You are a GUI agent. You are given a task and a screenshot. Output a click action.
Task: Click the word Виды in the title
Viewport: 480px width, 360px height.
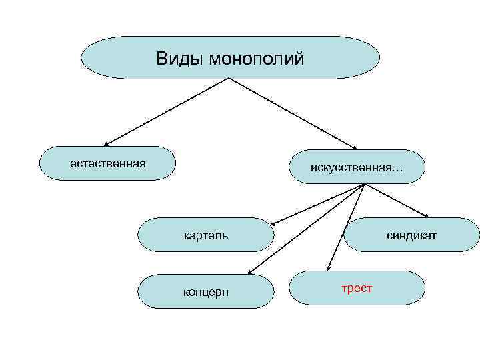click(x=180, y=59)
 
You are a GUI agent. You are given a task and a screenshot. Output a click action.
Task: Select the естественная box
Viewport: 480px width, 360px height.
click(x=107, y=163)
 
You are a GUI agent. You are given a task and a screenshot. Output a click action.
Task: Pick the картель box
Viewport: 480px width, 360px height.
click(x=206, y=235)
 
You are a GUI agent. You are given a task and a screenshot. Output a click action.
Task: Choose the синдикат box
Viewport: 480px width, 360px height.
click(x=411, y=235)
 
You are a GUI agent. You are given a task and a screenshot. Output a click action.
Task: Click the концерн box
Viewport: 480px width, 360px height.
click(x=206, y=291)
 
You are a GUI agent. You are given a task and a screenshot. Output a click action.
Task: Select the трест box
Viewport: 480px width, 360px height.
click(x=358, y=288)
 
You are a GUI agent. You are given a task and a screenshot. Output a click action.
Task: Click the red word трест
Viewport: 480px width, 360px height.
click(x=357, y=288)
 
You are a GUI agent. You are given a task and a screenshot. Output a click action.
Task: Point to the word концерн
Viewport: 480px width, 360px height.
click(x=206, y=292)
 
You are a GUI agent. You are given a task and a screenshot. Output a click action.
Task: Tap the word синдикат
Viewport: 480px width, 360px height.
click(x=411, y=235)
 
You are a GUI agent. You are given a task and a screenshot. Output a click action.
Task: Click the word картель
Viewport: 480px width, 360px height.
click(x=206, y=235)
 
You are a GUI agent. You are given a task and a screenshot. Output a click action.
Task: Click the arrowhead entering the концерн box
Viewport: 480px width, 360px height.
click(x=249, y=272)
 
